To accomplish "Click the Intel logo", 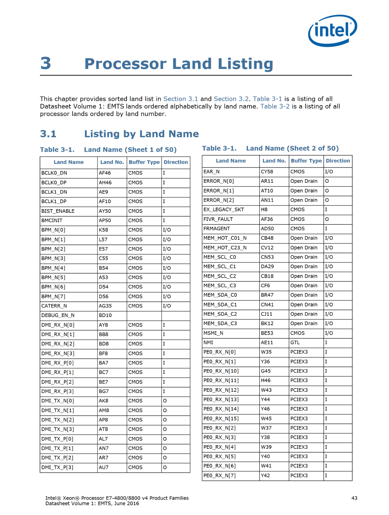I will click(332, 31).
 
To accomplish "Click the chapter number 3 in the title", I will click(46, 63).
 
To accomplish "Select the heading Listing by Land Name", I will click(141, 134).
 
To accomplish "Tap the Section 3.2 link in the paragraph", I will click(231, 99).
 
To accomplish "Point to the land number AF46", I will click(105, 173).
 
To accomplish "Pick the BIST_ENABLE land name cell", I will click(58, 211).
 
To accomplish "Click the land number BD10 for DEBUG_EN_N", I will click(105, 315).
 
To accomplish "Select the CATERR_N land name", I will click(54, 306).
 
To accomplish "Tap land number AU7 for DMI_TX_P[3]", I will click(103, 467).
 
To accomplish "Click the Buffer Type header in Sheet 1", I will click(144, 162).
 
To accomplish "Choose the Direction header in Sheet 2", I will click(338, 161).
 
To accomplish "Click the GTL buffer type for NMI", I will click(295, 342).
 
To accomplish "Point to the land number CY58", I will click(267, 172).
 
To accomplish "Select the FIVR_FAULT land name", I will click(218, 219).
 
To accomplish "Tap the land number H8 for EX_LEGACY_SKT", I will click(264, 210).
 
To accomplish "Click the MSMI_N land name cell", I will click(213, 333).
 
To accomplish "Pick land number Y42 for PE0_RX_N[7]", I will click(265, 475).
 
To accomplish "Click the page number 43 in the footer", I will click(354, 498).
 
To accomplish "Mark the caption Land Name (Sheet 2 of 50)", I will click(292, 148).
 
